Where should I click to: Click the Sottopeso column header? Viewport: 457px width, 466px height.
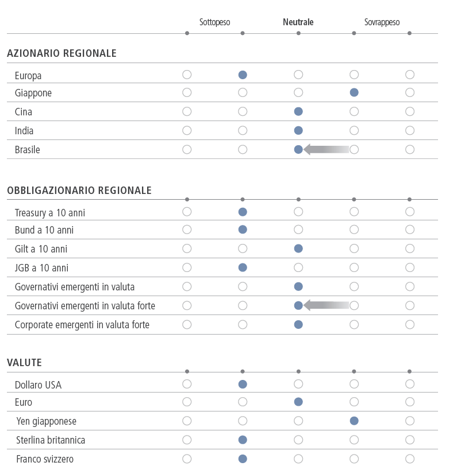(214, 22)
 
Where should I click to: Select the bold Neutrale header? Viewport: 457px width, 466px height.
(298, 22)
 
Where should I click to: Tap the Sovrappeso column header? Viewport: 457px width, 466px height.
(382, 22)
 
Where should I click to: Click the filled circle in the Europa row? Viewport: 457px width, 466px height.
(243, 75)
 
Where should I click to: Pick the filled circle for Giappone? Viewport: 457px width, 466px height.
(354, 93)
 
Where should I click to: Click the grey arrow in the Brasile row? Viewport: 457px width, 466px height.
(327, 149)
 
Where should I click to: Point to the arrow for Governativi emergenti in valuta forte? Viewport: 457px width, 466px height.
(327, 305)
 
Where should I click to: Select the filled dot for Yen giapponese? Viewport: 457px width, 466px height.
(354, 421)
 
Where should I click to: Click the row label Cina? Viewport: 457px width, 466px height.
(24, 112)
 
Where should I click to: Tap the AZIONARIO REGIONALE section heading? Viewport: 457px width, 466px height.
(62, 53)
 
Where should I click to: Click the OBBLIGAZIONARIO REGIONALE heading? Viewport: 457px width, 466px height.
(79, 191)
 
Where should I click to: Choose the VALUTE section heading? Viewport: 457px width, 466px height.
(24, 363)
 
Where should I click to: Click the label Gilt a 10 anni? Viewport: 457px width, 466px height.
(41, 249)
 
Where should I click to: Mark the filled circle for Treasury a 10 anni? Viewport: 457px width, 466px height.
(243, 212)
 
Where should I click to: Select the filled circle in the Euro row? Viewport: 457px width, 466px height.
(298, 402)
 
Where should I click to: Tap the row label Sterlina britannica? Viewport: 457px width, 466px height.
(51, 440)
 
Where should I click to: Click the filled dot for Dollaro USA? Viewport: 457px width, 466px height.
(243, 385)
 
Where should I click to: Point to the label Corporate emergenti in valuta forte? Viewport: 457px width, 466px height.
(82, 325)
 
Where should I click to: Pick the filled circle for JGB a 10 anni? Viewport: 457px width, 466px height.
(243, 267)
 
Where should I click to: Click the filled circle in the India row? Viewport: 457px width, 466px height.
(298, 130)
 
